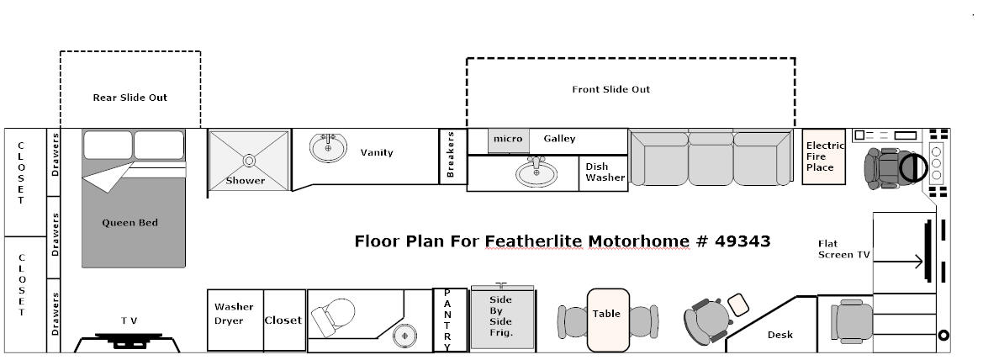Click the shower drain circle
click(249, 161)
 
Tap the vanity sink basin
click(328, 148)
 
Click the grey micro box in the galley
click(508, 140)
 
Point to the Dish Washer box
click(604, 173)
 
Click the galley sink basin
click(536, 173)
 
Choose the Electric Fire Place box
click(824, 156)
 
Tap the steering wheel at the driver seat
click(913, 167)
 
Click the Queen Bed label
click(130, 223)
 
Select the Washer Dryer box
click(235, 320)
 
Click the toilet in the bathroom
click(332, 317)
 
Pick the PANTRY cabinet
click(450, 320)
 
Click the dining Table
click(607, 320)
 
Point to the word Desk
click(780, 335)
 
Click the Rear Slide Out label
click(130, 98)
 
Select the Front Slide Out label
click(611, 90)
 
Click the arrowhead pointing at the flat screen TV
click(918, 262)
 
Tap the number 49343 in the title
click(743, 241)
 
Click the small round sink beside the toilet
click(405, 336)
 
